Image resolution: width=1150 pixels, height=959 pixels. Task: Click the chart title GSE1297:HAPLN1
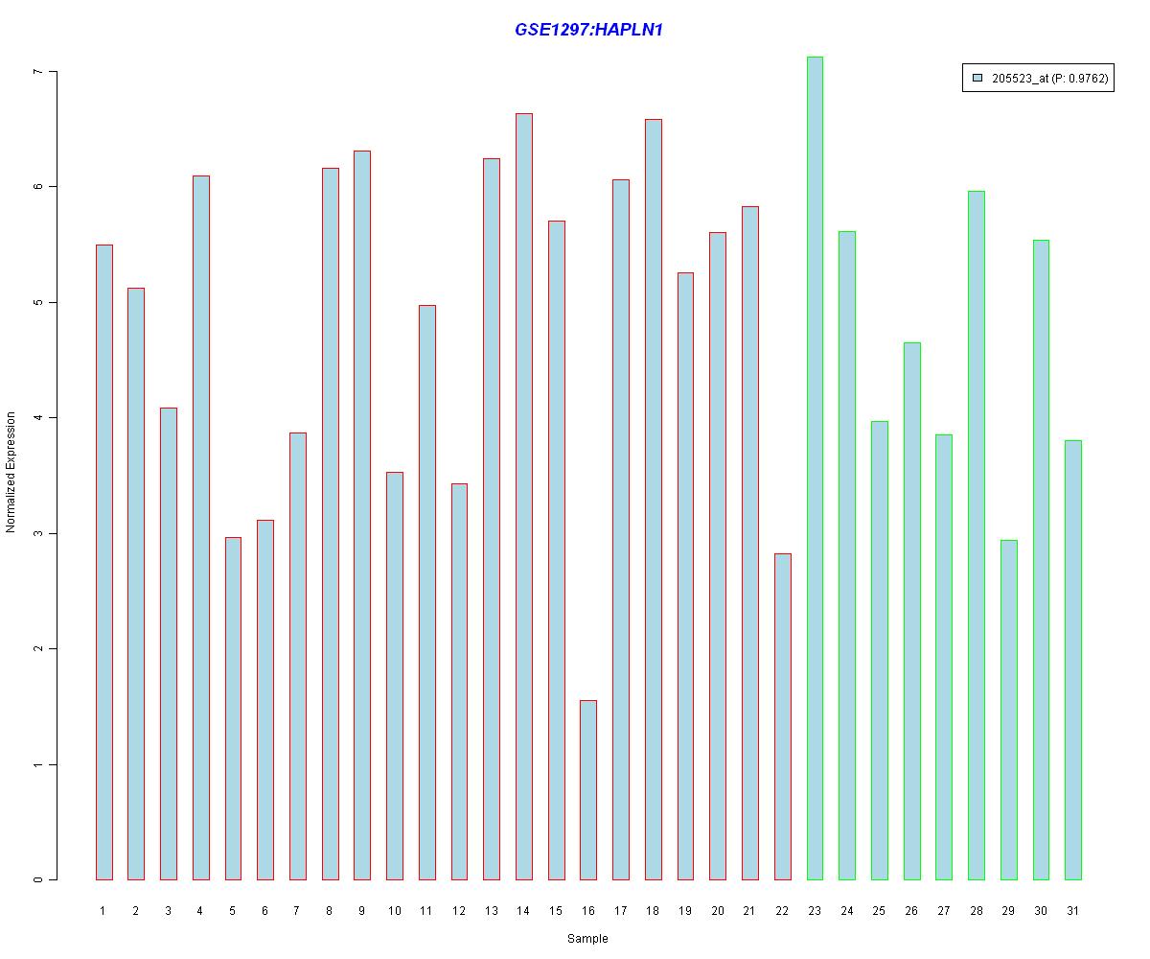click(x=588, y=30)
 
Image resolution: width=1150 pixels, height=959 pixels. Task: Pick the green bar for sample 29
click(x=1008, y=710)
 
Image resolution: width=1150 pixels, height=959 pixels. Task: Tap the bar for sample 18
click(x=653, y=499)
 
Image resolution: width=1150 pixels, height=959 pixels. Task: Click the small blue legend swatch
click(x=977, y=79)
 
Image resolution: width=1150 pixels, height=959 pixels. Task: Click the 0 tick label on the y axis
click(x=38, y=879)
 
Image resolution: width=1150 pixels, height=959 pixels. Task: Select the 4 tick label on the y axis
click(x=38, y=418)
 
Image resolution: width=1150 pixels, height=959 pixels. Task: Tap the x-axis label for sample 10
click(x=394, y=911)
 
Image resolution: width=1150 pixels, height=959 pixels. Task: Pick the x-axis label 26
click(x=911, y=911)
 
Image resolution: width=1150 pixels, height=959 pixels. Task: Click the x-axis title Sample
click(x=587, y=939)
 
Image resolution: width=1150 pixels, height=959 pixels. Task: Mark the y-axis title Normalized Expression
click(x=11, y=472)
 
